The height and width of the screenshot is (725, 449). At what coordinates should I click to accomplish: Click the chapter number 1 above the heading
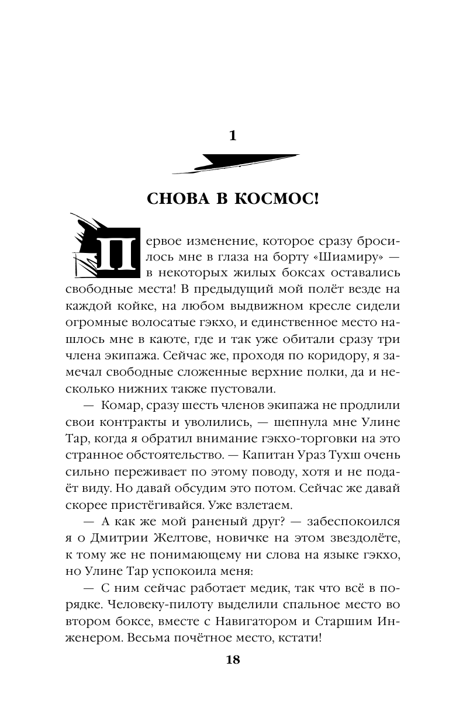(233, 136)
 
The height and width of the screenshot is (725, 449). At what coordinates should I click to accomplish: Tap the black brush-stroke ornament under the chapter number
(236, 164)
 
